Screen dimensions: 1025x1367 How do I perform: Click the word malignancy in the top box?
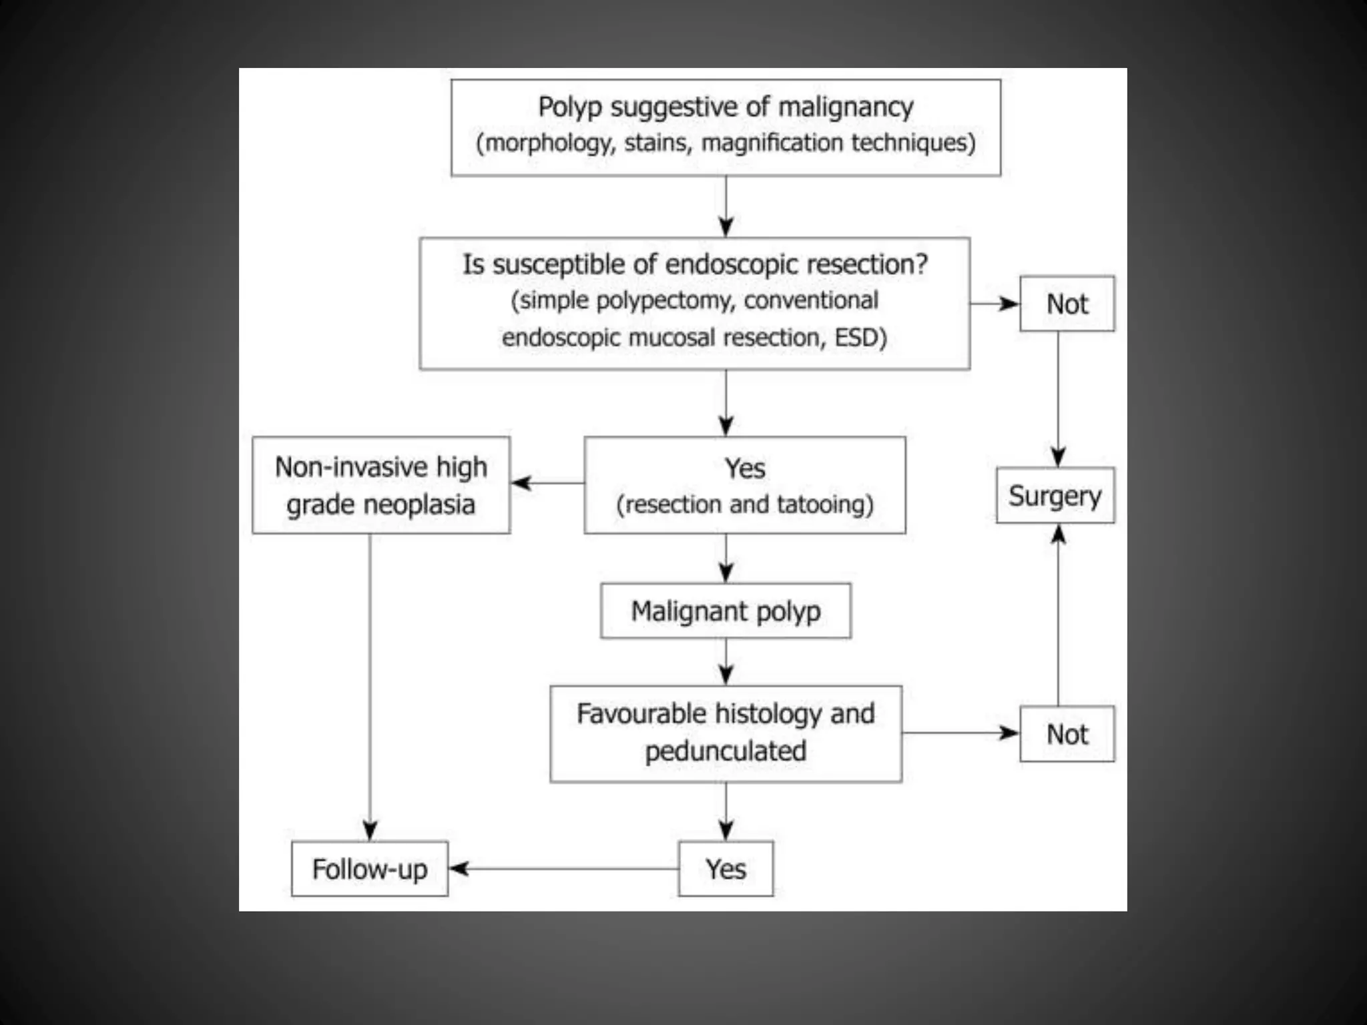click(x=846, y=107)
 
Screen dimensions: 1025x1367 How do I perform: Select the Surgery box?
click(x=1055, y=496)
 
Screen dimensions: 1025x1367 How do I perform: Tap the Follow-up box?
click(x=370, y=869)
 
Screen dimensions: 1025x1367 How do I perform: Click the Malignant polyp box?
click(x=726, y=611)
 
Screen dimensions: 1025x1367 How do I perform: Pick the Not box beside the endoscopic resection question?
click(x=1067, y=304)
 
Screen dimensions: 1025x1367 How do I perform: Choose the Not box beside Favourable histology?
click(x=1067, y=734)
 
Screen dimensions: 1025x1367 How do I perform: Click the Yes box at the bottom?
click(x=726, y=869)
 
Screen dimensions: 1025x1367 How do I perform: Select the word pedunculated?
click(x=726, y=751)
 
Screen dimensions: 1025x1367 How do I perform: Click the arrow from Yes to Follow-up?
click(x=564, y=869)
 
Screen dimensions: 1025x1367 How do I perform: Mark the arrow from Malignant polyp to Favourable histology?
click(x=726, y=663)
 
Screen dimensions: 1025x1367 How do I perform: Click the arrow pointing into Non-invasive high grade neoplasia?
click(x=547, y=483)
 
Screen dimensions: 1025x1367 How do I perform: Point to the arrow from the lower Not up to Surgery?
click(x=1058, y=614)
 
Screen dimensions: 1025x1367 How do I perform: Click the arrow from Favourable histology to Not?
click(x=961, y=733)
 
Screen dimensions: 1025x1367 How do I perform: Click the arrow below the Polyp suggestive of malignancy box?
click(x=726, y=207)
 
